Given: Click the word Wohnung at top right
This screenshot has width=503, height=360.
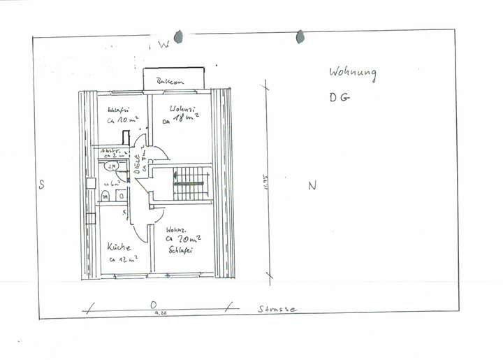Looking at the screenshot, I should click(353, 73).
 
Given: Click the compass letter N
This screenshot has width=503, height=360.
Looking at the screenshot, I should click(312, 185).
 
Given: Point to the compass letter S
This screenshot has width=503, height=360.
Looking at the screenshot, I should click(42, 185).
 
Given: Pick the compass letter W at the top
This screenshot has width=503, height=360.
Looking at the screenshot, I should click(163, 45).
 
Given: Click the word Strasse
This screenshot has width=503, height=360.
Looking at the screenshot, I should click(277, 308).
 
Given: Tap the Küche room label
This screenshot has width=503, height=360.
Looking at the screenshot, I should click(119, 247).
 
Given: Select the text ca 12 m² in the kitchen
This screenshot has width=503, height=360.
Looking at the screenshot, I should click(122, 260).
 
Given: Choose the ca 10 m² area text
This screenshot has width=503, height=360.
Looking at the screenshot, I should click(121, 120).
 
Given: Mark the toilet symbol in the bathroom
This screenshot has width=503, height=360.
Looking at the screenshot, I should click(105, 196).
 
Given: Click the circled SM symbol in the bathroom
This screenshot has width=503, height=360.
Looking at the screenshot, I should click(112, 166).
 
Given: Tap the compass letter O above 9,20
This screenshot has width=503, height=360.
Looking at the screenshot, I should click(152, 305).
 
